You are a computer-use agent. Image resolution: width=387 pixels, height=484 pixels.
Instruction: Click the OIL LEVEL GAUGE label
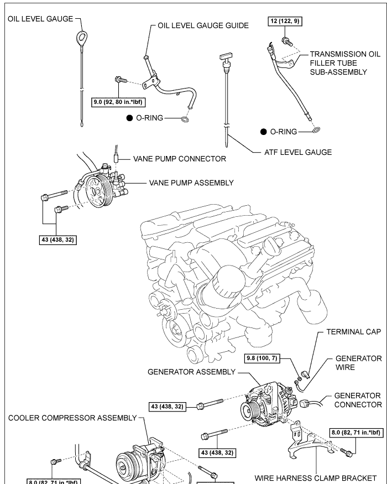click(x=40, y=19)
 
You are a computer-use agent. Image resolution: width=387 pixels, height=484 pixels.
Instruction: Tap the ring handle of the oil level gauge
click(x=82, y=39)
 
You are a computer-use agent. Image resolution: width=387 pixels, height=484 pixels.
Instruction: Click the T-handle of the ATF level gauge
click(x=227, y=57)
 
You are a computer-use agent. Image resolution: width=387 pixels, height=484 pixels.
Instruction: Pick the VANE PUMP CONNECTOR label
click(x=179, y=159)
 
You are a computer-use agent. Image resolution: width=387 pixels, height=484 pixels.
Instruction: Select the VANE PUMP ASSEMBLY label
click(x=191, y=182)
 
